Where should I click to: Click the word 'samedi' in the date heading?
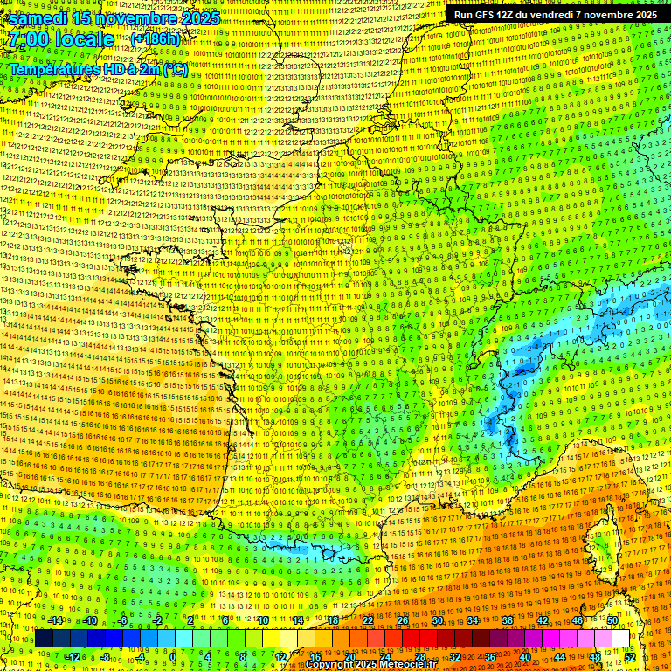pyautogui.click(x=39, y=18)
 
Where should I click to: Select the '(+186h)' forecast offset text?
pyautogui.click(x=156, y=39)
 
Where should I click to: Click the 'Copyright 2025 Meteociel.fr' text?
pyautogui.click(x=370, y=665)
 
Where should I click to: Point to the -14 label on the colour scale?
pyautogui.click(x=56, y=620)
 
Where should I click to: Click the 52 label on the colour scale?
pyautogui.click(x=630, y=656)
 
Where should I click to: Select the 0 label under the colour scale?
pyautogui.click(x=173, y=656)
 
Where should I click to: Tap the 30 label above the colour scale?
pyautogui.click(x=437, y=620)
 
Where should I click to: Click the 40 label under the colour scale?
pyautogui.click(x=524, y=656)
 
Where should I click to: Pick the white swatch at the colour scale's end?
pyautogui.click(x=620, y=639)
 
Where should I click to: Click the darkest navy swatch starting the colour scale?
pyautogui.click(x=44, y=639)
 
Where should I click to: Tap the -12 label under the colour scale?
pyautogui.click(x=73, y=656)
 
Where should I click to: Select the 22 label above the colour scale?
pyautogui.click(x=367, y=620)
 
